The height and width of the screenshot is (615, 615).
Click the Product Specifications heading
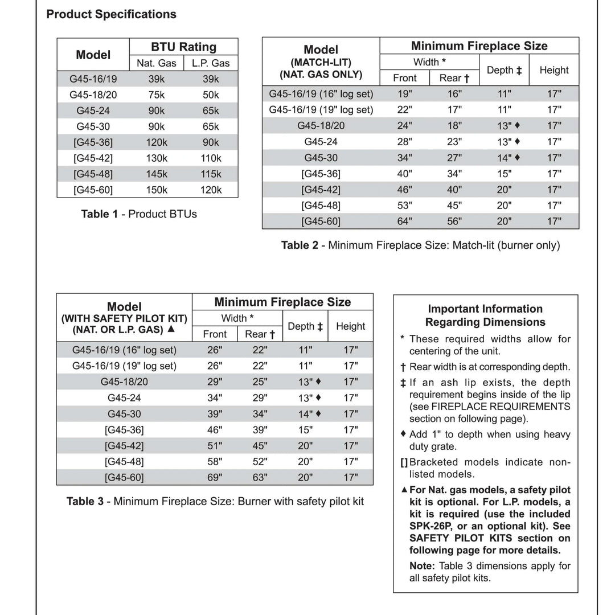pos(111,14)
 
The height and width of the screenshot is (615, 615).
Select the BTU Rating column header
pos(183,47)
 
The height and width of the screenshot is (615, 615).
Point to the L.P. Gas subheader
pos(211,63)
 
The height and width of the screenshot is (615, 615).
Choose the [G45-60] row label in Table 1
pos(93,190)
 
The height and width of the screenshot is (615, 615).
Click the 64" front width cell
pos(405,222)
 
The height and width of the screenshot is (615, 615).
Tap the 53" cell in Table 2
pos(405,206)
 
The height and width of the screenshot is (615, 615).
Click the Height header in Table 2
pos(554,70)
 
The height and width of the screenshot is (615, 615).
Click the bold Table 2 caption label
pos(304,245)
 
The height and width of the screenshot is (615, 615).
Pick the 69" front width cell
pos(215,478)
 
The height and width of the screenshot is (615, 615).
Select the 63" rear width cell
pos(260,478)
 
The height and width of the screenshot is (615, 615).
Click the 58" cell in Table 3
pos(215,462)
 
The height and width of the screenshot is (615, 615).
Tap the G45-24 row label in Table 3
pos(124,397)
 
